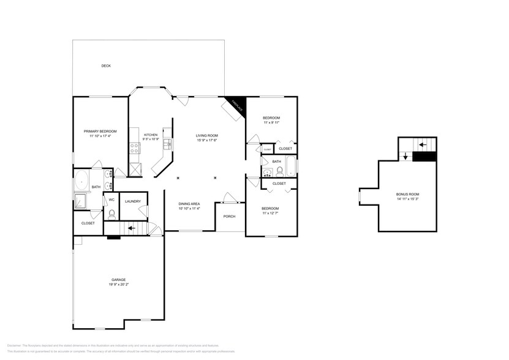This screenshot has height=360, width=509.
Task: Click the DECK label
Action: (x=106, y=66)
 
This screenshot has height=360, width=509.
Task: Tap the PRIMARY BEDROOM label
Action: (x=100, y=132)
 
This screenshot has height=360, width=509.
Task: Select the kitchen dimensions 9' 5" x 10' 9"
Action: (x=151, y=140)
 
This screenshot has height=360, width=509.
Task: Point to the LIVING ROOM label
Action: (x=207, y=136)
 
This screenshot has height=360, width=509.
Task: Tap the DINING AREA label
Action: (x=189, y=204)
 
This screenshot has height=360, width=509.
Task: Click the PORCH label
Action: (x=229, y=216)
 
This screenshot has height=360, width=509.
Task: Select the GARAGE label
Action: (x=118, y=280)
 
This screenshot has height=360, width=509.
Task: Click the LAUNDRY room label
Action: (x=133, y=201)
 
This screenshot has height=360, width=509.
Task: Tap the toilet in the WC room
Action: (x=112, y=214)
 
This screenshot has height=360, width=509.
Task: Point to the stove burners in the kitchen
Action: (x=132, y=147)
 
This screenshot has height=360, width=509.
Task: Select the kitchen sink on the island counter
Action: (x=165, y=144)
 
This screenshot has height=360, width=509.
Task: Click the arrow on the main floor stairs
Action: (x=130, y=228)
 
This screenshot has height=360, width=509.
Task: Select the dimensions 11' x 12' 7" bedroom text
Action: (x=271, y=213)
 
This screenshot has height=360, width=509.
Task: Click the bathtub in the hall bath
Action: (x=290, y=166)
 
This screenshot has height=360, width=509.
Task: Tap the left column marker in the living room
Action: (x=178, y=178)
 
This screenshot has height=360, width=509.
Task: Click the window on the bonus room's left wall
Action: (x=360, y=196)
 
